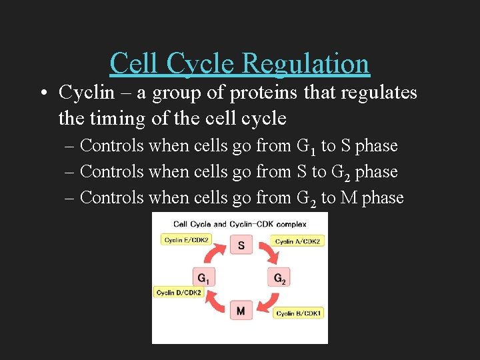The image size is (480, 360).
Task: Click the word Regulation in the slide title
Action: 306,63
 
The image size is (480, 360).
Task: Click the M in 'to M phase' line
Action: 349,198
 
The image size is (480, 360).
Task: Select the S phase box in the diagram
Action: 241,245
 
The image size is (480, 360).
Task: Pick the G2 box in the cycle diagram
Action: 279,278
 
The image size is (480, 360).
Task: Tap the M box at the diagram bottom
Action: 241,311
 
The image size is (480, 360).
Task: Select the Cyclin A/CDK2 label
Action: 298,241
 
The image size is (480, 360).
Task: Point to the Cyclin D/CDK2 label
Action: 178,292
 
